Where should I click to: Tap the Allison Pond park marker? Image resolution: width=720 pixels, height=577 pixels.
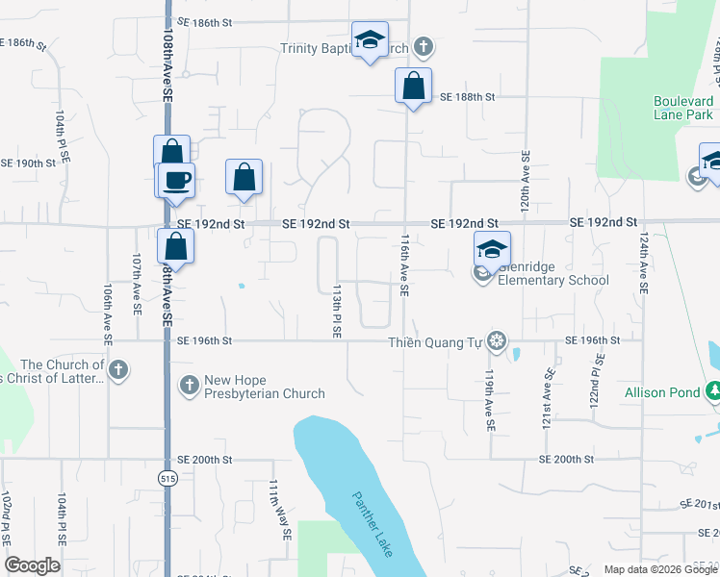coord(713,391)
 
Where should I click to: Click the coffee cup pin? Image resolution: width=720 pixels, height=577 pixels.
coord(176,180)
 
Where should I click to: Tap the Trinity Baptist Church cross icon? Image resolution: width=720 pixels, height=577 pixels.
coord(422,47)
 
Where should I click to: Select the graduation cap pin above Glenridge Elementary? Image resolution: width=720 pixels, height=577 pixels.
coord(492,250)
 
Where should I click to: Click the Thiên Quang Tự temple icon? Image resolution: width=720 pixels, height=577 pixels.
coord(496,340)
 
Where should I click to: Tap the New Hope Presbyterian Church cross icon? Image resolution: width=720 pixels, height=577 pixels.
coord(189,386)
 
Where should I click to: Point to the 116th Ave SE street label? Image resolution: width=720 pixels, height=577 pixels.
coord(405,268)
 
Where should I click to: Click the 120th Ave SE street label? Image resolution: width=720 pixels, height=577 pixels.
coord(526,181)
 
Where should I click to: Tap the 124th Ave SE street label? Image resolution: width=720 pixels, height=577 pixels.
coord(643,262)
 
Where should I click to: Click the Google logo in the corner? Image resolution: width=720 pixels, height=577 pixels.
coord(32,565)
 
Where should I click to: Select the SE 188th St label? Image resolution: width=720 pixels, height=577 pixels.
coord(467,97)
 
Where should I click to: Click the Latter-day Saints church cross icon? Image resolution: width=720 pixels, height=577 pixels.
coord(118,370)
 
